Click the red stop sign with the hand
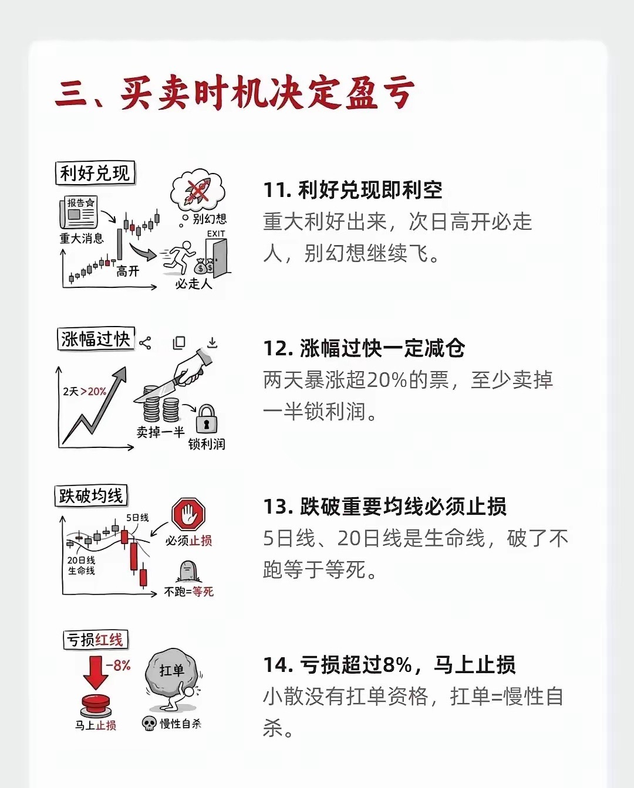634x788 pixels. [x=188, y=514]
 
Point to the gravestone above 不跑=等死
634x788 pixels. [x=188, y=572]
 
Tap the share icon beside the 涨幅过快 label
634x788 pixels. [x=145, y=343]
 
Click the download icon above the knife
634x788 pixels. [x=213, y=343]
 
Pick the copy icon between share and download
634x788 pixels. [x=179, y=343]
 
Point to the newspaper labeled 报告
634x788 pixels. [x=79, y=212]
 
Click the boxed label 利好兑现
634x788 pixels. [x=95, y=173]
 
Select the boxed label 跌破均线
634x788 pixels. [x=91, y=496]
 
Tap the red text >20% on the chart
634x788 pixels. [x=93, y=392]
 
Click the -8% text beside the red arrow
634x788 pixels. [x=118, y=665]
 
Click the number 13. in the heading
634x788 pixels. [x=278, y=507]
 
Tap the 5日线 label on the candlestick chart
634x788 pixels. [x=137, y=517]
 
